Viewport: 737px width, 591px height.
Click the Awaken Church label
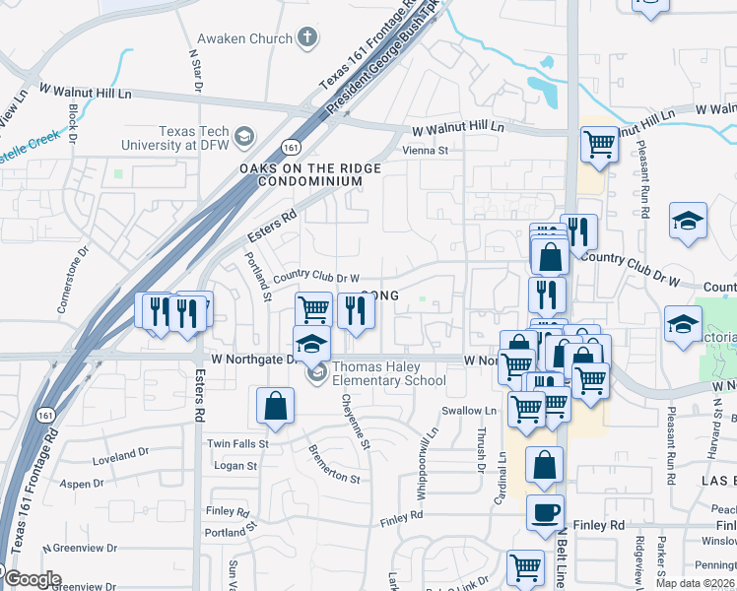point(244,38)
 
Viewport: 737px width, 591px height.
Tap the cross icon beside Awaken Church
point(307,38)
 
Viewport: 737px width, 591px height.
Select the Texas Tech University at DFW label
point(175,138)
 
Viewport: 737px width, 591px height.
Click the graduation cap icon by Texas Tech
point(243,137)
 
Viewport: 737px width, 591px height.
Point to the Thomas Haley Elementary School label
point(389,374)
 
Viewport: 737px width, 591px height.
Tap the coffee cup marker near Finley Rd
point(545,513)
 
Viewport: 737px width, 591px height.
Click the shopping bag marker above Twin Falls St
point(275,407)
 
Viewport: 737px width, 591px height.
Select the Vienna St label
point(425,151)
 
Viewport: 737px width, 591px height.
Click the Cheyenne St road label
point(356,423)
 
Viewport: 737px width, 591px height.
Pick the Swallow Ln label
point(469,411)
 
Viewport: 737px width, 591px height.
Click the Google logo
point(32,579)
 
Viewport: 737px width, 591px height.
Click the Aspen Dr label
point(83,484)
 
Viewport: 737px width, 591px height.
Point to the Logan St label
point(235,466)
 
